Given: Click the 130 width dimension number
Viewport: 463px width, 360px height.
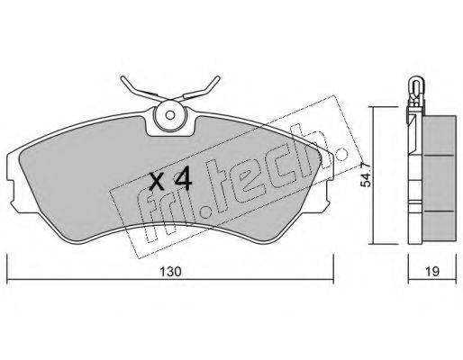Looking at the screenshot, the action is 170,272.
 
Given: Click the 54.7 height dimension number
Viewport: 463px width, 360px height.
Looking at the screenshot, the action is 366,179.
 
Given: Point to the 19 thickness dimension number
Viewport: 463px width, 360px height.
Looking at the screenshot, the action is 432,272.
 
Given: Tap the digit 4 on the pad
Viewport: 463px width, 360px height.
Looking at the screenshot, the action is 183,179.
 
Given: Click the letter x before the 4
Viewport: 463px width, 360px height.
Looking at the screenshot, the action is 157,183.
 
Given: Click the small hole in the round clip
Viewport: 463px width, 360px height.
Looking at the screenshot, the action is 170,115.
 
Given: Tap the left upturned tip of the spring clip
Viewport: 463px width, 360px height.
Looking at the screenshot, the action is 123,78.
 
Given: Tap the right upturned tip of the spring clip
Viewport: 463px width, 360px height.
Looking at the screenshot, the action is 218,78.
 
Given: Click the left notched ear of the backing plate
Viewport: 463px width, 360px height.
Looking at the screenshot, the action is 12,192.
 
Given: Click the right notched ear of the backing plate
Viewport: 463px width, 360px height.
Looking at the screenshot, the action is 329,192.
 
